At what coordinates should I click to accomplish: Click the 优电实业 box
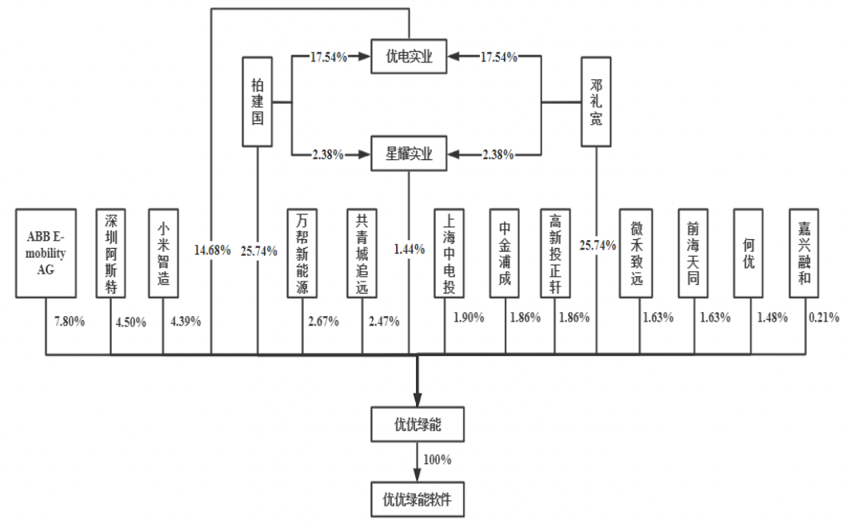pos(409,57)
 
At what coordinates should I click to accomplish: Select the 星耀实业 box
pos(409,154)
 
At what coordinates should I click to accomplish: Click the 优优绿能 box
pos(418,425)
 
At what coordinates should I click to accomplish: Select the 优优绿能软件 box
pos(418,499)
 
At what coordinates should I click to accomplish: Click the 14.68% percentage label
pos(212,250)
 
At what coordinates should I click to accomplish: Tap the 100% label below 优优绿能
pos(437,460)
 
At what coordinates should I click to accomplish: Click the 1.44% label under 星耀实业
pos(409,250)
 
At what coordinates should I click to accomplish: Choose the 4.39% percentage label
pos(186,321)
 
